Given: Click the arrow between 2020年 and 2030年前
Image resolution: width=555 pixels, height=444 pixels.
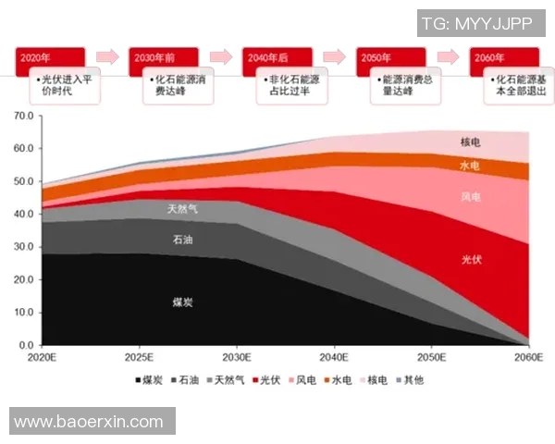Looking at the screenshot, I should (107, 57).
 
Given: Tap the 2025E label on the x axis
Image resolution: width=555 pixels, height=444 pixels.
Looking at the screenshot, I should (139, 356).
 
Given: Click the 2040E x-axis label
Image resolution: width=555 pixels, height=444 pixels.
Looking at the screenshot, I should (333, 356).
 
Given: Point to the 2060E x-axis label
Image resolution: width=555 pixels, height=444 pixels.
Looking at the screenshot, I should (527, 356).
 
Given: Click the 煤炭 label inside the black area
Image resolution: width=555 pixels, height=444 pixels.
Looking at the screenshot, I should (183, 302).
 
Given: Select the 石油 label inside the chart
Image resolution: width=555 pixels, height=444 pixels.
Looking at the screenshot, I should (183, 240).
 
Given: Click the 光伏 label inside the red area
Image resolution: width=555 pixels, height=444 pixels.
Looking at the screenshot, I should (472, 261).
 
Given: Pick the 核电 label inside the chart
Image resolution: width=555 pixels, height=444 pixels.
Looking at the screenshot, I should (471, 142).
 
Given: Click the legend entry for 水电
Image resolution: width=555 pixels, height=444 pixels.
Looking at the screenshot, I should (336, 380).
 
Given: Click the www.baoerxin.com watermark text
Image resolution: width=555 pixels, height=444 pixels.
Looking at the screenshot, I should (89, 422).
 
